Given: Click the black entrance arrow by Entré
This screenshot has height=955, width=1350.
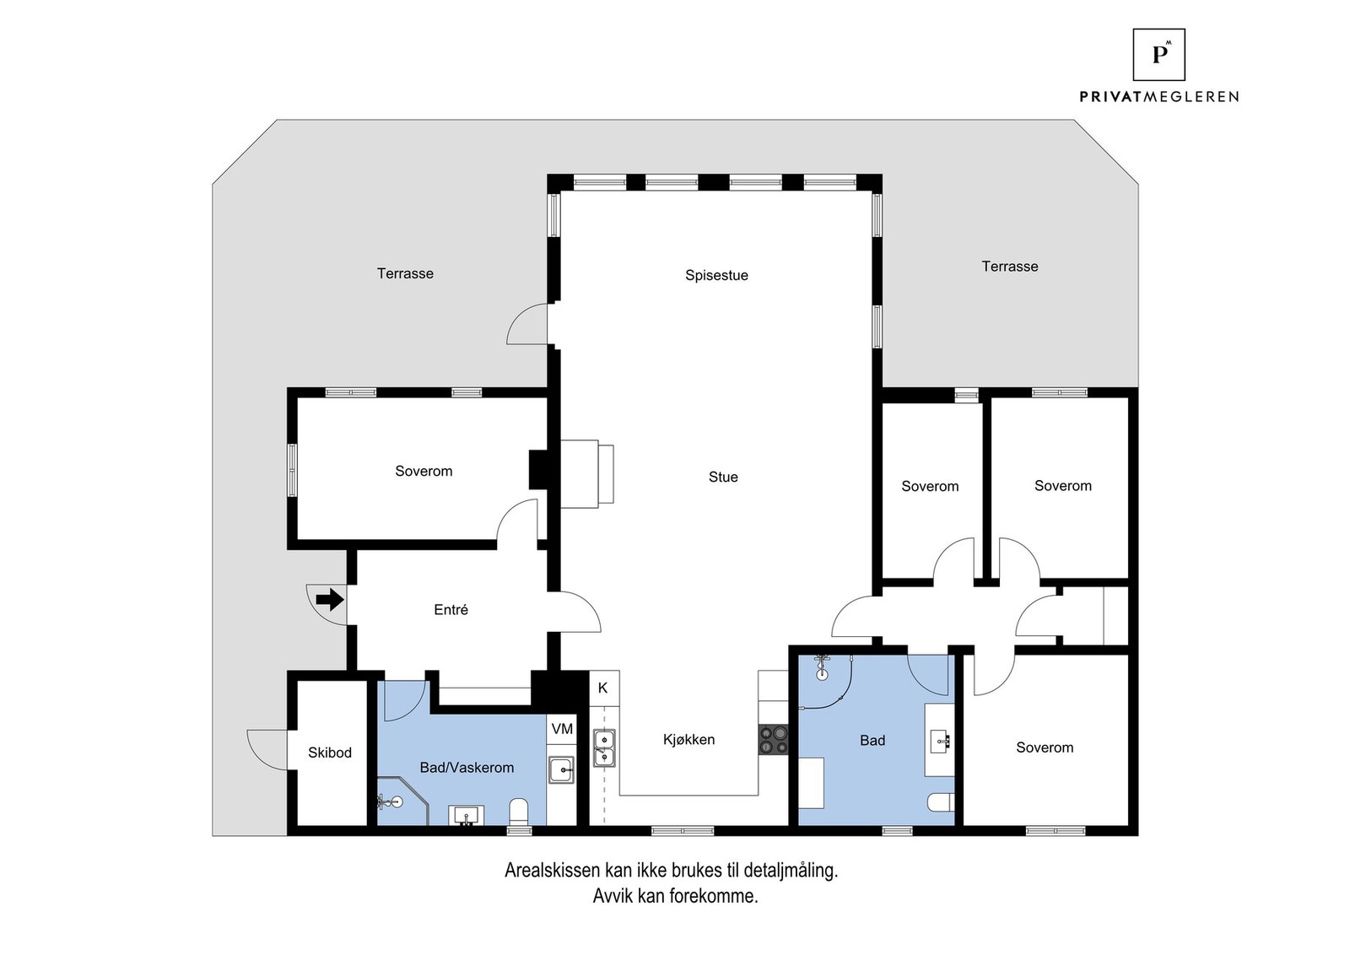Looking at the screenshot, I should [330, 600].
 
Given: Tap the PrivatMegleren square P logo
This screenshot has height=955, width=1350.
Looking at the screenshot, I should [1158, 55].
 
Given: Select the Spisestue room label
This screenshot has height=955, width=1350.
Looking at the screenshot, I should [716, 275].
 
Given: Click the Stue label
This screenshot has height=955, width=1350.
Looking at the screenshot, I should [723, 477].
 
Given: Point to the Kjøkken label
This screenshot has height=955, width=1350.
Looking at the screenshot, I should [688, 740].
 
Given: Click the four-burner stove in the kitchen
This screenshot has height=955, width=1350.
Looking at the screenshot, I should [773, 740].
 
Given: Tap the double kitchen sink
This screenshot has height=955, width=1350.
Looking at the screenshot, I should [604, 747].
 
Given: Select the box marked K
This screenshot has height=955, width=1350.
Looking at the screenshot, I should [603, 688].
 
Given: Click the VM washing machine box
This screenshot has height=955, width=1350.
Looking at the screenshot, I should [562, 729].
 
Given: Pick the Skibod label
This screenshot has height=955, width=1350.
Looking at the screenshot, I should [329, 753].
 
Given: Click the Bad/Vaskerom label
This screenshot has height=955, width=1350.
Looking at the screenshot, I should [467, 768].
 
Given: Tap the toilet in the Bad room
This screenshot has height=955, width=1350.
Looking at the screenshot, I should [940, 801].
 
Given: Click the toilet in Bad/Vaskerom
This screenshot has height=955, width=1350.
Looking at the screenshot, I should [519, 812].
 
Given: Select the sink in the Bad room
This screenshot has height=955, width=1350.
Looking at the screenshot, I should [940, 741].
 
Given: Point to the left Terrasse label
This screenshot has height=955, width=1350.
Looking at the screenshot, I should [405, 273].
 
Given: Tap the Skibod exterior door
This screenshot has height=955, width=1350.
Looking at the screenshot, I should [267, 748].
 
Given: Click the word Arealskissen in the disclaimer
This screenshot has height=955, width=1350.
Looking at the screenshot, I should [552, 871].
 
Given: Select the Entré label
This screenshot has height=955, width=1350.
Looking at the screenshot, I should [451, 610].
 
